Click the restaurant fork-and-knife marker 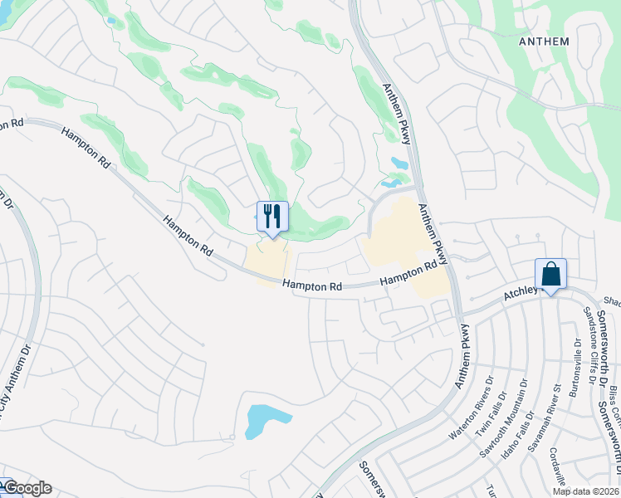coord(272,217)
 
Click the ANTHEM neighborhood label coord(544,41)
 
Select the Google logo coord(27,488)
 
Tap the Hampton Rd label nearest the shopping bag coord(409,274)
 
